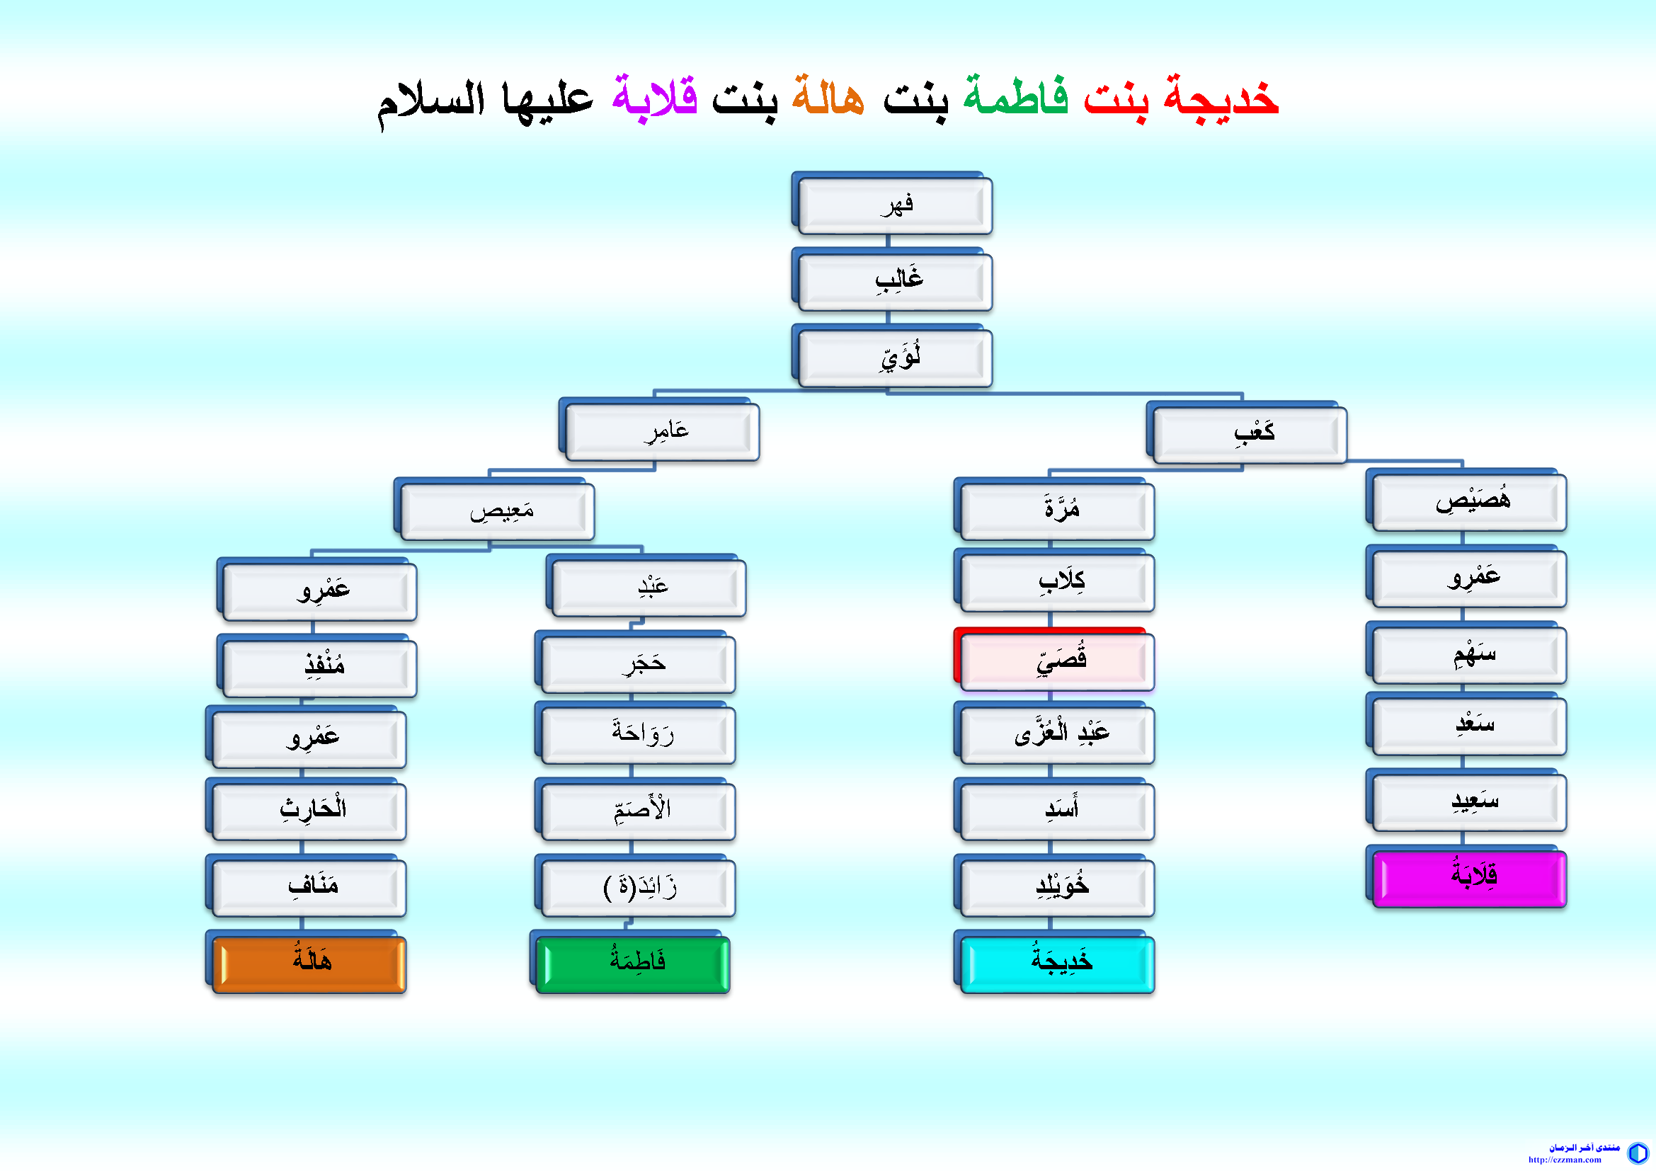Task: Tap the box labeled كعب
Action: [x=1248, y=433]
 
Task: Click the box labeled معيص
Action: [x=496, y=510]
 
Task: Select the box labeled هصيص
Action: [x=1468, y=501]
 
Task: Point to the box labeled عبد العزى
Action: [x=1056, y=734]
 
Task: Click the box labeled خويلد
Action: [x=1056, y=887]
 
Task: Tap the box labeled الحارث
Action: [x=308, y=811]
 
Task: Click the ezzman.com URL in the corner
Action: [x=1565, y=1160]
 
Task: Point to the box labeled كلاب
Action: [x=1056, y=581]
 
